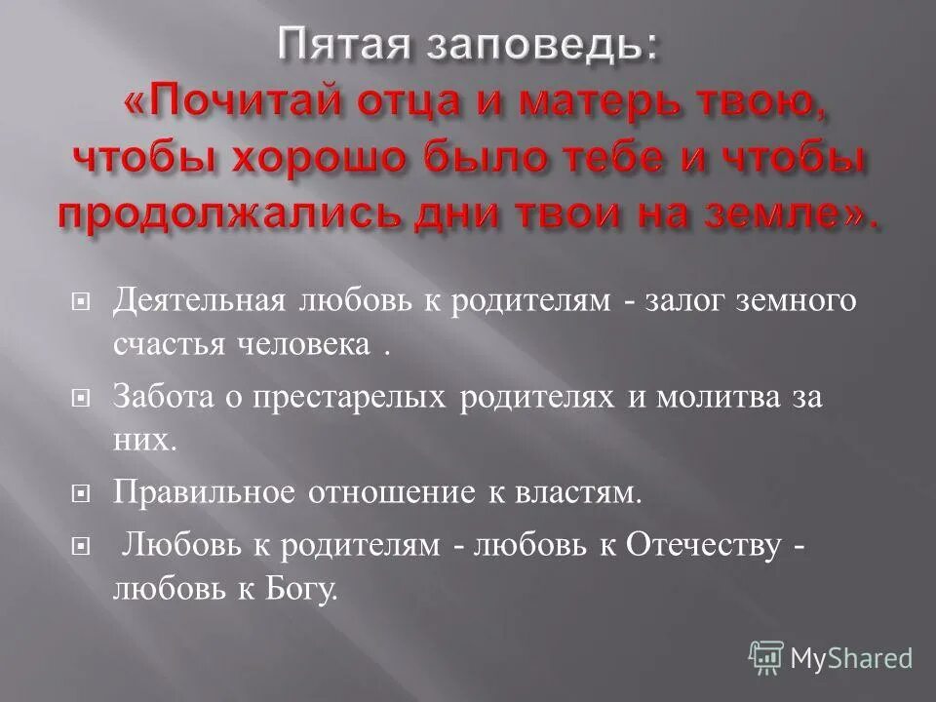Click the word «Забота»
158,398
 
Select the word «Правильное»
205,492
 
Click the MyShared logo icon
767,658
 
